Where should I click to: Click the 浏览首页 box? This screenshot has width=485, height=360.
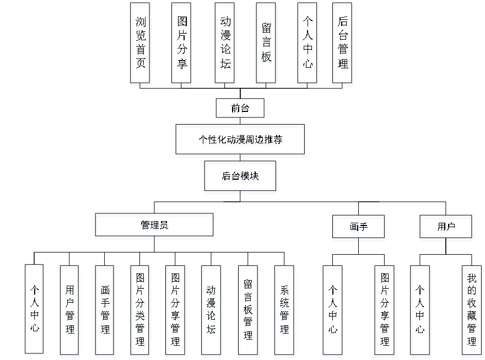pos(141,45)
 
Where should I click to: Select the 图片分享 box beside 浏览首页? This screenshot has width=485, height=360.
pos(182,45)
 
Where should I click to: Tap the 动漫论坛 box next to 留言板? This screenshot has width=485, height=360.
pos(225,45)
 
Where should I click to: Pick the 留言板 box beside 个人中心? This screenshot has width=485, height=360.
pos(267,45)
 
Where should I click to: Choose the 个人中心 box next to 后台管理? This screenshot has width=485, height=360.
pos(308,45)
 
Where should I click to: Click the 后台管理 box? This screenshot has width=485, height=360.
pos(343,45)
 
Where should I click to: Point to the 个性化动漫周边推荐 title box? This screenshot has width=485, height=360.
pos(240,141)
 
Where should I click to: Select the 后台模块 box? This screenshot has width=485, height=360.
pos(241,178)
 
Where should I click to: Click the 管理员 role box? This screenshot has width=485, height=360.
pos(155,227)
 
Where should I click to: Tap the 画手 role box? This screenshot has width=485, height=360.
pos(359,228)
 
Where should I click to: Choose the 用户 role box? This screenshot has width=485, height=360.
pos(446,228)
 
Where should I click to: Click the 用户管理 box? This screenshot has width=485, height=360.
pos(70,311)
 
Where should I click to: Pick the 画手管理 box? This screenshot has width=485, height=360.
pos(105,311)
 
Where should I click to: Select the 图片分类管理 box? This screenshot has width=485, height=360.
pos(141,311)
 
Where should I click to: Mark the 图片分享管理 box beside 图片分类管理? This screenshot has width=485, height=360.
pos(176,311)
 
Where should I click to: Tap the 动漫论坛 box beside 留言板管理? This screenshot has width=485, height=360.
pos(212,311)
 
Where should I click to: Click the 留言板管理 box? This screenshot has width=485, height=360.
pos(248,311)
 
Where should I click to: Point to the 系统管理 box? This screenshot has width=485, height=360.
pos(284,311)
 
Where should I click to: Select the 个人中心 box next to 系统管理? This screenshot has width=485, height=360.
pos(333,311)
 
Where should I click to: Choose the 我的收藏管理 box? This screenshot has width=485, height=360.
pos(472,311)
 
